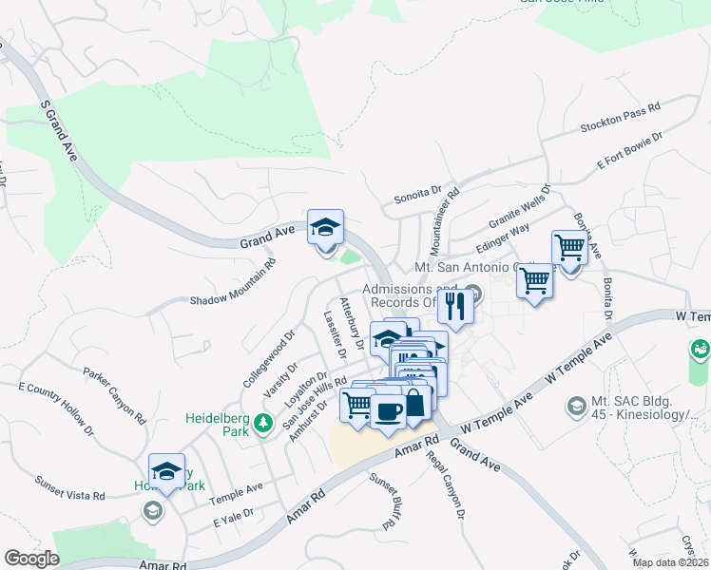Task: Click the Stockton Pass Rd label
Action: (620, 119)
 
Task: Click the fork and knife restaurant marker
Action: (454, 306)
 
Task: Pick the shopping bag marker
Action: (414, 403)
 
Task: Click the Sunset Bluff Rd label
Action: (381, 502)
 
